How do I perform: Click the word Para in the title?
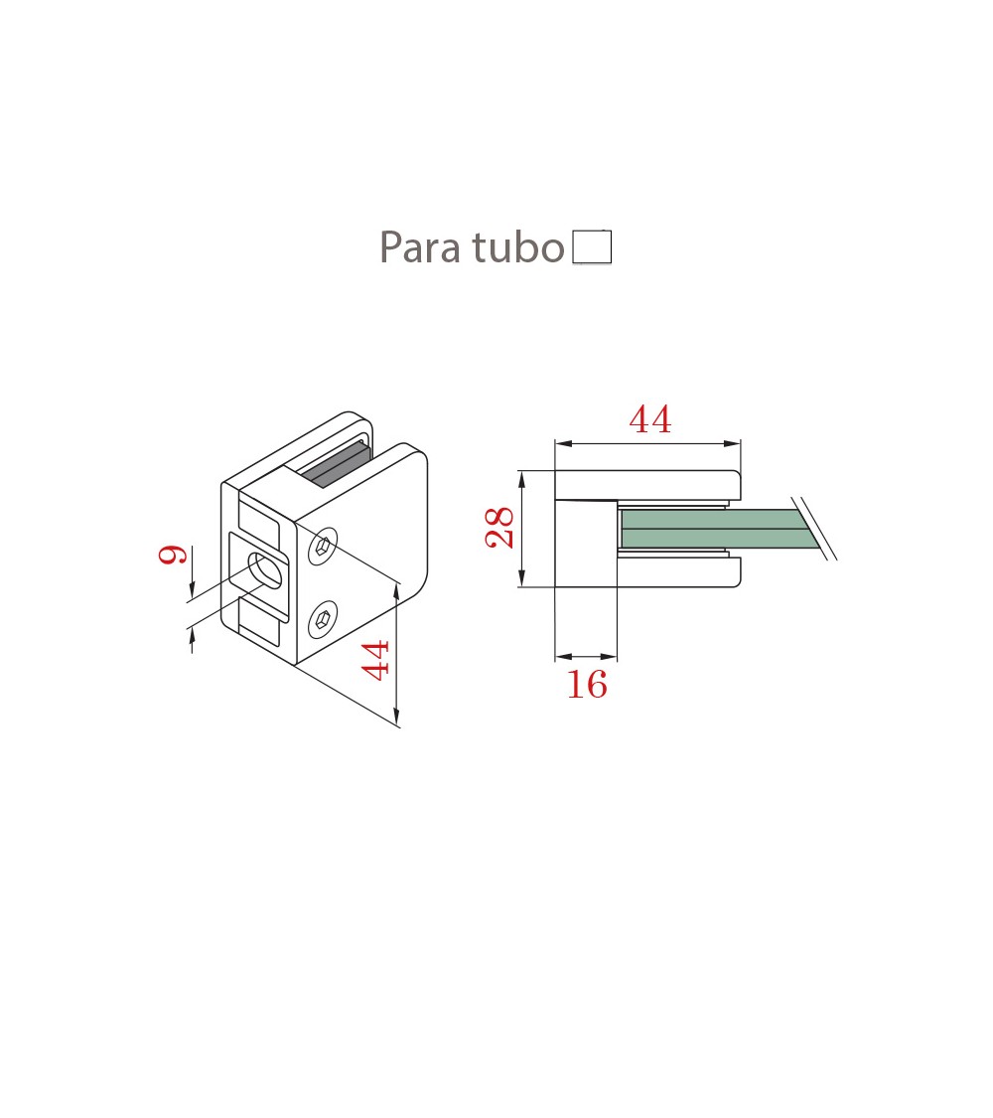pyautogui.click(x=420, y=247)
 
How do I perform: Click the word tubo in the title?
pyautogui.click(x=518, y=247)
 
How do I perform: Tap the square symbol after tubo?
pyautogui.click(x=592, y=246)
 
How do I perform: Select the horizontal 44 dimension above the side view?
pyautogui.click(x=650, y=419)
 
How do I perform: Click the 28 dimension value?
pyautogui.click(x=499, y=528)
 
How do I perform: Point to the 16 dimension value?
pyautogui.click(x=587, y=685)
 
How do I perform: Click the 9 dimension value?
pyautogui.click(x=173, y=554)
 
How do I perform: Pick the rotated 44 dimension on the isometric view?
pyautogui.click(x=374, y=660)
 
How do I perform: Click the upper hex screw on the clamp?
pyautogui.click(x=324, y=547)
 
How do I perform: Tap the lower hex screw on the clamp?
pyautogui.click(x=324, y=619)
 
